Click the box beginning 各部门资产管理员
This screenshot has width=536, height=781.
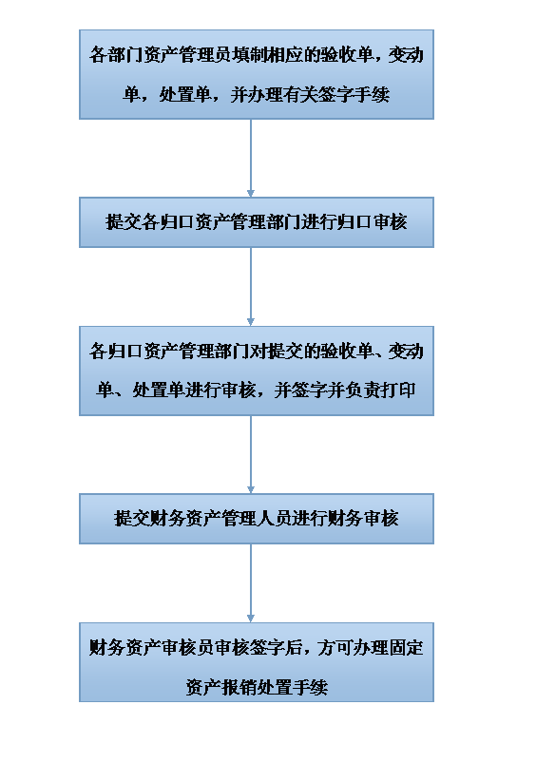(257, 74)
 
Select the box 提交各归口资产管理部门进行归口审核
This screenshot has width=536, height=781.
(257, 222)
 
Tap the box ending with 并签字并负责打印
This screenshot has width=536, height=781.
(257, 371)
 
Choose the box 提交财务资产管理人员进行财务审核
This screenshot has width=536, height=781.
(257, 519)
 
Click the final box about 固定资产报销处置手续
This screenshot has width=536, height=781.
(257, 662)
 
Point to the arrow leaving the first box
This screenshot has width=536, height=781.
(251, 158)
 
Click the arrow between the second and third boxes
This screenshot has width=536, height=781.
(251, 286)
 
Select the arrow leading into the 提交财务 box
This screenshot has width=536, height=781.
(251, 454)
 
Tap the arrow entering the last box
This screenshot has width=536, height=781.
(251, 582)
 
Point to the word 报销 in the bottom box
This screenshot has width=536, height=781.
(239, 687)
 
